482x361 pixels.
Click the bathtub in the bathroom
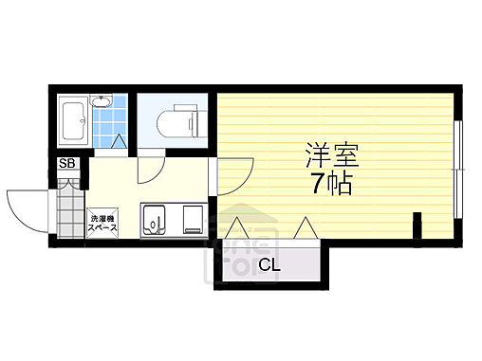[73, 121]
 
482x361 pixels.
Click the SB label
[66, 165]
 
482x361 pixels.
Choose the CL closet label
[269, 264]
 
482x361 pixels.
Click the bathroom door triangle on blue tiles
[119, 142]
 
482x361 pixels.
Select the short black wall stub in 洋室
[417, 228]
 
